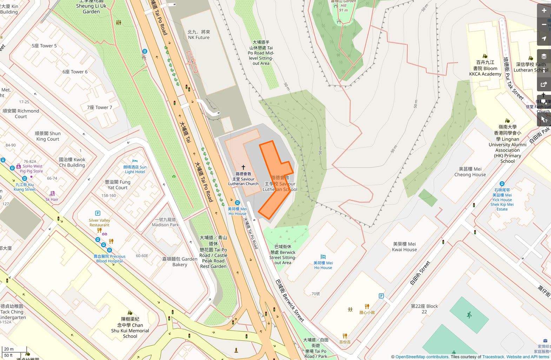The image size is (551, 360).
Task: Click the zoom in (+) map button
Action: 544,11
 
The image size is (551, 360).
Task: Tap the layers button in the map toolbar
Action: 544,56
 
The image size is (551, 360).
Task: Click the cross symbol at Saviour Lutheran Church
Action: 243,168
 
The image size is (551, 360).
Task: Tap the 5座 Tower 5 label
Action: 44,46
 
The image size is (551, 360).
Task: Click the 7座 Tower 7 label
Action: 99,107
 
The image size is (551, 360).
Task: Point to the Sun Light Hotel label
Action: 135,169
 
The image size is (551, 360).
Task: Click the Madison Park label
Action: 165,222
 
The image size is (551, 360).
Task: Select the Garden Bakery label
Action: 180,262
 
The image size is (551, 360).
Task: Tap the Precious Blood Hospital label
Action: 109,259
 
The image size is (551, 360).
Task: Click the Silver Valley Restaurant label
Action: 99,223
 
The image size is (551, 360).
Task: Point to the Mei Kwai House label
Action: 404,247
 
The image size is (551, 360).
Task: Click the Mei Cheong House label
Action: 470,172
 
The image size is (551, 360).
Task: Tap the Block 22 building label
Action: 424,309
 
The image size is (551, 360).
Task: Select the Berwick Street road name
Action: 290,301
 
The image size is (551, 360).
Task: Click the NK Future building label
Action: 199,35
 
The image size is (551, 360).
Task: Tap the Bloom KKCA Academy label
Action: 485,68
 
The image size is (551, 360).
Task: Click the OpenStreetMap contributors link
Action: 422,357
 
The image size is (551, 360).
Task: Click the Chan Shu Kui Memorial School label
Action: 130,328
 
